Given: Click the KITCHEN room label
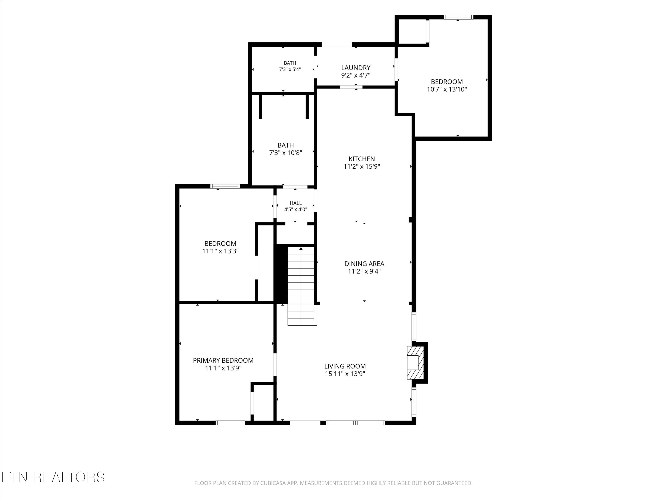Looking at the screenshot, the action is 362,159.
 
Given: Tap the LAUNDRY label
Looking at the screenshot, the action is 356,68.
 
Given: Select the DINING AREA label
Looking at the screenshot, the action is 364,264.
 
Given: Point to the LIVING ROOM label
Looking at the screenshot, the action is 345,366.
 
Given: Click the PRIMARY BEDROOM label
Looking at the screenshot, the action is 223,360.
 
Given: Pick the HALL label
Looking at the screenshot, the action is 295,203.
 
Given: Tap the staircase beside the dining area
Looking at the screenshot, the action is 301,286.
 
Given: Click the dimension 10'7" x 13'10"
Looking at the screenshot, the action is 447,89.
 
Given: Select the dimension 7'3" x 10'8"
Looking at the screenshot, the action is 285,153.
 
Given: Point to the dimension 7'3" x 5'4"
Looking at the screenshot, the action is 290,69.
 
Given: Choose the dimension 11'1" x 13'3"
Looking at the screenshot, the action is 220,251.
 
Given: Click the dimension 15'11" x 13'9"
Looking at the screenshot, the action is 345,374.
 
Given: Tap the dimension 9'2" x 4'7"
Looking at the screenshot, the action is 356,75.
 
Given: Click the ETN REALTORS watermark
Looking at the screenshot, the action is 53,477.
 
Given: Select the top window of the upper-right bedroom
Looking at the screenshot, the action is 459,17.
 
